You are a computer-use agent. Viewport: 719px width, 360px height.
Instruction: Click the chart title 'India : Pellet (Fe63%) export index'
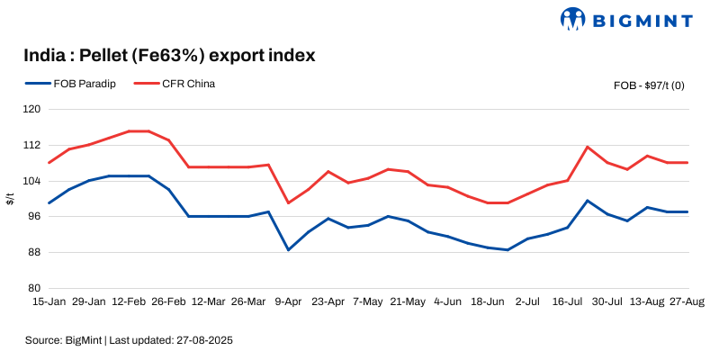169,56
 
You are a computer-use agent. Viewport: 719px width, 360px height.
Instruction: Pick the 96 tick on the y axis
33,217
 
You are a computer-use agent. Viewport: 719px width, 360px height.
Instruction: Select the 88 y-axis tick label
33,252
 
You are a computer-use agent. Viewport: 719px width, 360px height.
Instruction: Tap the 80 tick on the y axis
33,288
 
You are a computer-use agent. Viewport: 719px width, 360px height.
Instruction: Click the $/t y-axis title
10,199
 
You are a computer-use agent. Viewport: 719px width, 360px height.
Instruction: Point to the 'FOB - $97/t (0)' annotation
649,85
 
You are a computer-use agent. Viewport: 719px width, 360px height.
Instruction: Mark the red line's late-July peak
587,147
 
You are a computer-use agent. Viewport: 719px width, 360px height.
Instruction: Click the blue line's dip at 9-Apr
288,249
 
